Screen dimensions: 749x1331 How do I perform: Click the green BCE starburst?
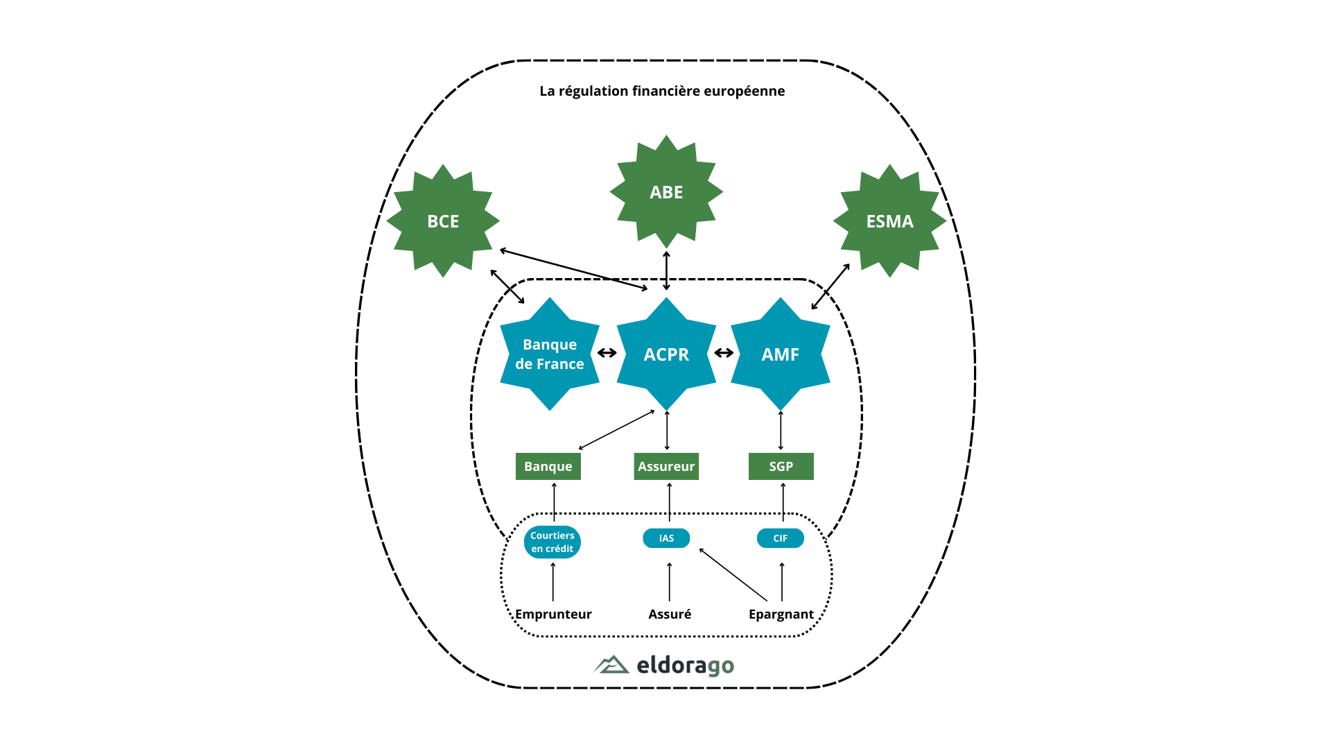pyautogui.click(x=443, y=221)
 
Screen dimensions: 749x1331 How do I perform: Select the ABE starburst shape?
pyautogui.click(x=666, y=192)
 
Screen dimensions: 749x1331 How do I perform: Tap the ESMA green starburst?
pyautogui.click(x=889, y=221)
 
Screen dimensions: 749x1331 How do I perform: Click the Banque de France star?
pyautogui.click(x=549, y=354)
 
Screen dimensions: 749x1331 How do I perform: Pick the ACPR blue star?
pyautogui.click(x=666, y=354)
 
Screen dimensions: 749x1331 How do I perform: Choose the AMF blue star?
pyautogui.click(x=781, y=354)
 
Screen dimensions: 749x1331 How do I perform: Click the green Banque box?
pyautogui.click(x=548, y=466)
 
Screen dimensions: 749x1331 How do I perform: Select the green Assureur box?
pyautogui.click(x=666, y=466)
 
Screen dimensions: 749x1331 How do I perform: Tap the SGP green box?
pyautogui.click(x=781, y=466)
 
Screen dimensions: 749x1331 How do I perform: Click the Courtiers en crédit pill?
pyautogui.click(x=552, y=542)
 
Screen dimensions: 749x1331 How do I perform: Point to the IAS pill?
pyautogui.click(x=666, y=538)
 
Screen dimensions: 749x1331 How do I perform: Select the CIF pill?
pyautogui.click(x=781, y=538)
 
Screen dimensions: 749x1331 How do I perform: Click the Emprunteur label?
pyautogui.click(x=553, y=614)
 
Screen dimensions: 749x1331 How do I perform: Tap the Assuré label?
pyautogui.click(x=670, y=614)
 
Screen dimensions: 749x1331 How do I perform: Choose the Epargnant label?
pyautogui.click(x=781, y=614)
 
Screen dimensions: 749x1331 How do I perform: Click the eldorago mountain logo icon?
pyautogui.click(x=611, y=665)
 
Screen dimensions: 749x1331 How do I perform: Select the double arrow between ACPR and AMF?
pyautogui.click(x=724, y=353)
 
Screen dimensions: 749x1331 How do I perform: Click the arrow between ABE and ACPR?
pyautogui.click(x=666, y=271)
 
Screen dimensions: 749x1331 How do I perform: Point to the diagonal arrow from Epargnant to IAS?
pyautogui.click(x=733, y=575)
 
